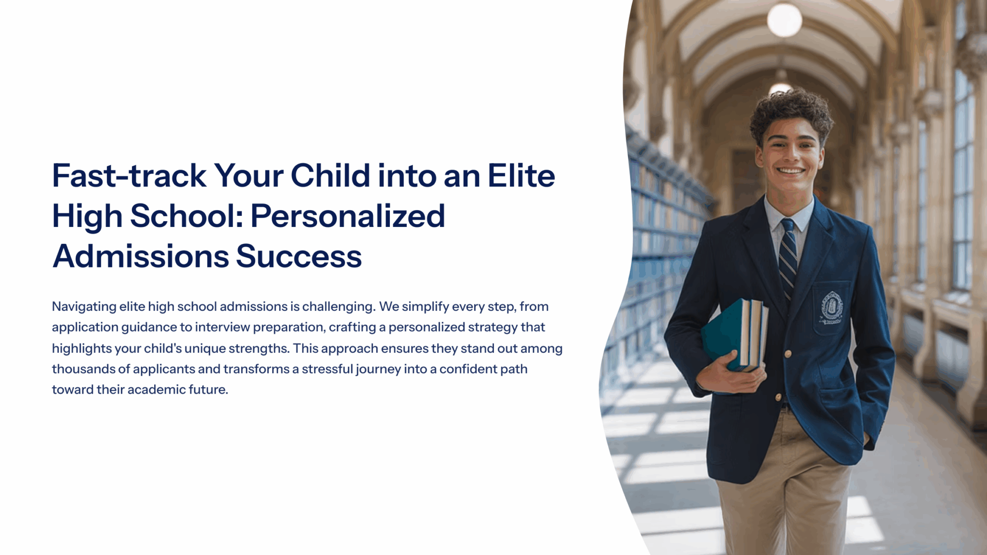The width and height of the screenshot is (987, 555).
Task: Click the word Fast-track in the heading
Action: (x=129, y=175)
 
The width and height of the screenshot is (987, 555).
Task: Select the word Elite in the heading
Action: (x=521, y=175)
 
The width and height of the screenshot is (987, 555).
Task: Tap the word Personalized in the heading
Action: (x=347, y=216)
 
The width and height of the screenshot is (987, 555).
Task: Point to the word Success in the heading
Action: (x=299, y=256)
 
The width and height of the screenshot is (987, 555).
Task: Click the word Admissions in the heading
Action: (x=141, y=256)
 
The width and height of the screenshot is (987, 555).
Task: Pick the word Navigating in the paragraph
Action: (x=84, y=307)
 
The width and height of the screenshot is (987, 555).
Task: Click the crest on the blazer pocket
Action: (x=832, y=307)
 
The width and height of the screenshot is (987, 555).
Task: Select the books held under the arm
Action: (x=734, y=335)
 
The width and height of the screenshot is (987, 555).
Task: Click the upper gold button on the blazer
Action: (x=787, y=354)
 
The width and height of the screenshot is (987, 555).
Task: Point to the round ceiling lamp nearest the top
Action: (x=784, y=20)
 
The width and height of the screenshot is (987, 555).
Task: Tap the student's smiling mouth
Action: (x=791, y=170)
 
